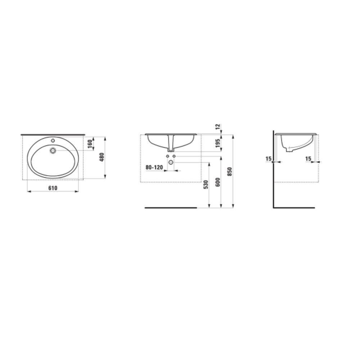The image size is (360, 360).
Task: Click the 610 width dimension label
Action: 53,188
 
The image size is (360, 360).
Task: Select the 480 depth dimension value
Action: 102,157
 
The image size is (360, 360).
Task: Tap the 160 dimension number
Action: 90,144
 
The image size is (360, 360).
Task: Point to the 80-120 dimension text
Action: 154,167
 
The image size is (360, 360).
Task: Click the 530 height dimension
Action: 206,185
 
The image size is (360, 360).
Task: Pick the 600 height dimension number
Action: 218,182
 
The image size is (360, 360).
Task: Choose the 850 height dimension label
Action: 230,171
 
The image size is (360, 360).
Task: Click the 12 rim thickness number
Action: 218,126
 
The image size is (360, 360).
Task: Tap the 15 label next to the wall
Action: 269,159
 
